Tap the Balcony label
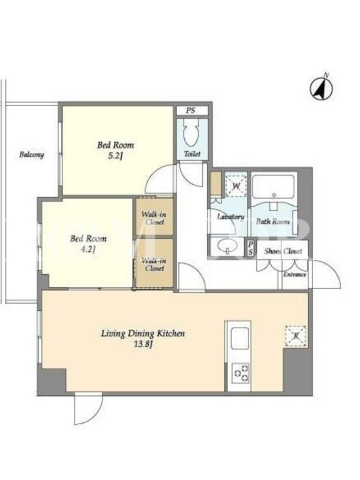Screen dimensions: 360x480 coord(32,155)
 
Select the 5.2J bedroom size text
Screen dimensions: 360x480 coord(115,157)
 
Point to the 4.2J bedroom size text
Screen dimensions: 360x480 coord(88,250)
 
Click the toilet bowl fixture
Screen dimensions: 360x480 coord(191,134)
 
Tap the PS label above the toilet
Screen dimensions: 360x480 coord(191,110)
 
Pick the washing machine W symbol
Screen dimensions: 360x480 coord(236,185)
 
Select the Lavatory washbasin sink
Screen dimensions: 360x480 coord(228,245)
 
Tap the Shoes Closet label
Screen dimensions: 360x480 coord(283,251)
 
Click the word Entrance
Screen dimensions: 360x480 coord(295,274)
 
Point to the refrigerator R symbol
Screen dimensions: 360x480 coord(296,336)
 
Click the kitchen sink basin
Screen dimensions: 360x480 coord(239,337)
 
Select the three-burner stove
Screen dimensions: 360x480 coord(241,373)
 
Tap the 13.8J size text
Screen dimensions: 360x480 coord(143,344)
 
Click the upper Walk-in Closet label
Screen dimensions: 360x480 coord(155,218)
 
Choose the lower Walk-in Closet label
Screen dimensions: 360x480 coord(155,265)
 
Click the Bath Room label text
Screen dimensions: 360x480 coord(273,221)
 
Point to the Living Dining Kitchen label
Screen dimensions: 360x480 coord(143,334)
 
